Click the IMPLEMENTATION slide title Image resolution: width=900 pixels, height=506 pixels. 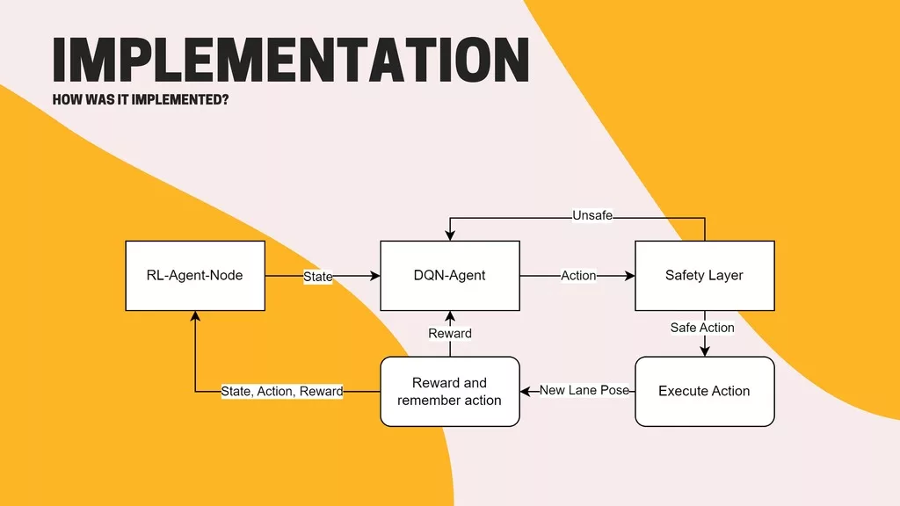(x=290, y=59)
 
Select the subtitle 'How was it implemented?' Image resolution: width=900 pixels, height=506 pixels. (x=141, y=99)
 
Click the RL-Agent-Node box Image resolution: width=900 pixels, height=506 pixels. (x=194, y=276)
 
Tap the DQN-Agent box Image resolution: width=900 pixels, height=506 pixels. (x=449, y=276)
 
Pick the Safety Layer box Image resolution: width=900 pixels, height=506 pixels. (x=704, y=276)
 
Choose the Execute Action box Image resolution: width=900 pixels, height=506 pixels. (x=704, y=391)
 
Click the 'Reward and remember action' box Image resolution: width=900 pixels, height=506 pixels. (x=449, y=391)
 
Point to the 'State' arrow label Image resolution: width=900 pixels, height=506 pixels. (x=317, y=277)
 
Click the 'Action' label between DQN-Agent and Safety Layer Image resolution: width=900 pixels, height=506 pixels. (x=578, y=276)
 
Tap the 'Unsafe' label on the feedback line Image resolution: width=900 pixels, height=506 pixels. (x=592, y=215)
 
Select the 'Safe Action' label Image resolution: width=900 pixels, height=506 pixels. (x=702, y=328)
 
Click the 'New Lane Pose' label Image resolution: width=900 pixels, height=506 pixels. (x=584, y=390)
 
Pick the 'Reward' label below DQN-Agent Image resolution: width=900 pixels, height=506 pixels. (x=450, y=334)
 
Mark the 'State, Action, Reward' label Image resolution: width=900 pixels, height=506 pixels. (x=281, y=391)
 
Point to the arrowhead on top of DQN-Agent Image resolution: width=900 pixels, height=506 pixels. (x=450, y=235)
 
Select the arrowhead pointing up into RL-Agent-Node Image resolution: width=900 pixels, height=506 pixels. (x=194, y=316)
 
